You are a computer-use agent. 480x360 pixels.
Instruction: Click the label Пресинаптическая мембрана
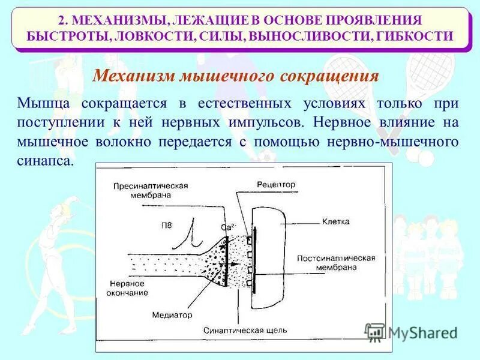(x=151, y=191)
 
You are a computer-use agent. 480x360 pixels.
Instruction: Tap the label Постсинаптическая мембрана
(x=336, y=262)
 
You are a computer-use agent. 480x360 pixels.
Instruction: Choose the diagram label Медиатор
(x=172, y=314)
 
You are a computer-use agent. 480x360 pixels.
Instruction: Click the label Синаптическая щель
(x=245, y=330)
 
